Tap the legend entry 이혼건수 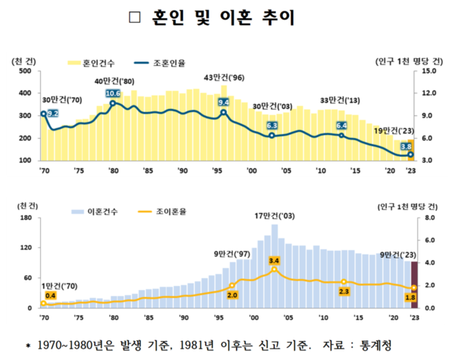coord(99,210)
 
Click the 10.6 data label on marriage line coord(113,94)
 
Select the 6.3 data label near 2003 coord(272,126)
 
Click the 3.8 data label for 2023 coord(406,147)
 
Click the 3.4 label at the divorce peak coord(274,260)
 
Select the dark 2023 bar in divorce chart coord(413,285)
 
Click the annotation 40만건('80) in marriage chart coord(114,81)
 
